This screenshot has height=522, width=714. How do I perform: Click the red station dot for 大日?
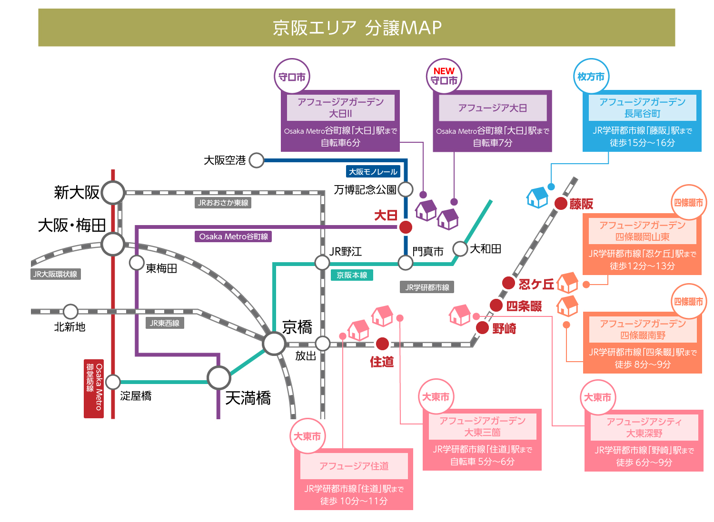point(406,227)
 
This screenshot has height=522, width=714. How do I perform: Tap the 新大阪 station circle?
point(113,193)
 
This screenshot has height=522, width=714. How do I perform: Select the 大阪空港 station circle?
point(257,160)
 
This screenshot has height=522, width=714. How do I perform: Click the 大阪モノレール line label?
point(373,172)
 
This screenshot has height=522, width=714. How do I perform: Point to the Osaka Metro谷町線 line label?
point(233,236)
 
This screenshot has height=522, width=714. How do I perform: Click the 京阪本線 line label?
point(352,275)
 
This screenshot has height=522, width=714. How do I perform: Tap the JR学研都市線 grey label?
point(427,287)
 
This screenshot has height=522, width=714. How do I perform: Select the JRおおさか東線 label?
point(223,203)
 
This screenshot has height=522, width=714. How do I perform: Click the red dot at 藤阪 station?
point(561,204)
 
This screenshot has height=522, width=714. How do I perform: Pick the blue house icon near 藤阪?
point(537,197)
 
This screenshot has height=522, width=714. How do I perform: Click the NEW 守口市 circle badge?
point(444,77)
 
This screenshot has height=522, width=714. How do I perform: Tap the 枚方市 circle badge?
point(591,77)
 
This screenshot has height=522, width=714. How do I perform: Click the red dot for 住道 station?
point(382,344)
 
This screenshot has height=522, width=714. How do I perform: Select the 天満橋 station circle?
point(219,378)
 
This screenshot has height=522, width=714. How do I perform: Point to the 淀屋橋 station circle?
point(113,382)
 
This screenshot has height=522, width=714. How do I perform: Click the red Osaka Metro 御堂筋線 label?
point(94,388)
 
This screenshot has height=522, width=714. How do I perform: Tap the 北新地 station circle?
point(70,312)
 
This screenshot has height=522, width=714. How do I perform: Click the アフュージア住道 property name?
point(354,466)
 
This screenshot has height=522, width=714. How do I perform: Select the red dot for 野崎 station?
point(482,327)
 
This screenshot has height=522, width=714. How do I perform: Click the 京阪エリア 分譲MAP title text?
point(357,28)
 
